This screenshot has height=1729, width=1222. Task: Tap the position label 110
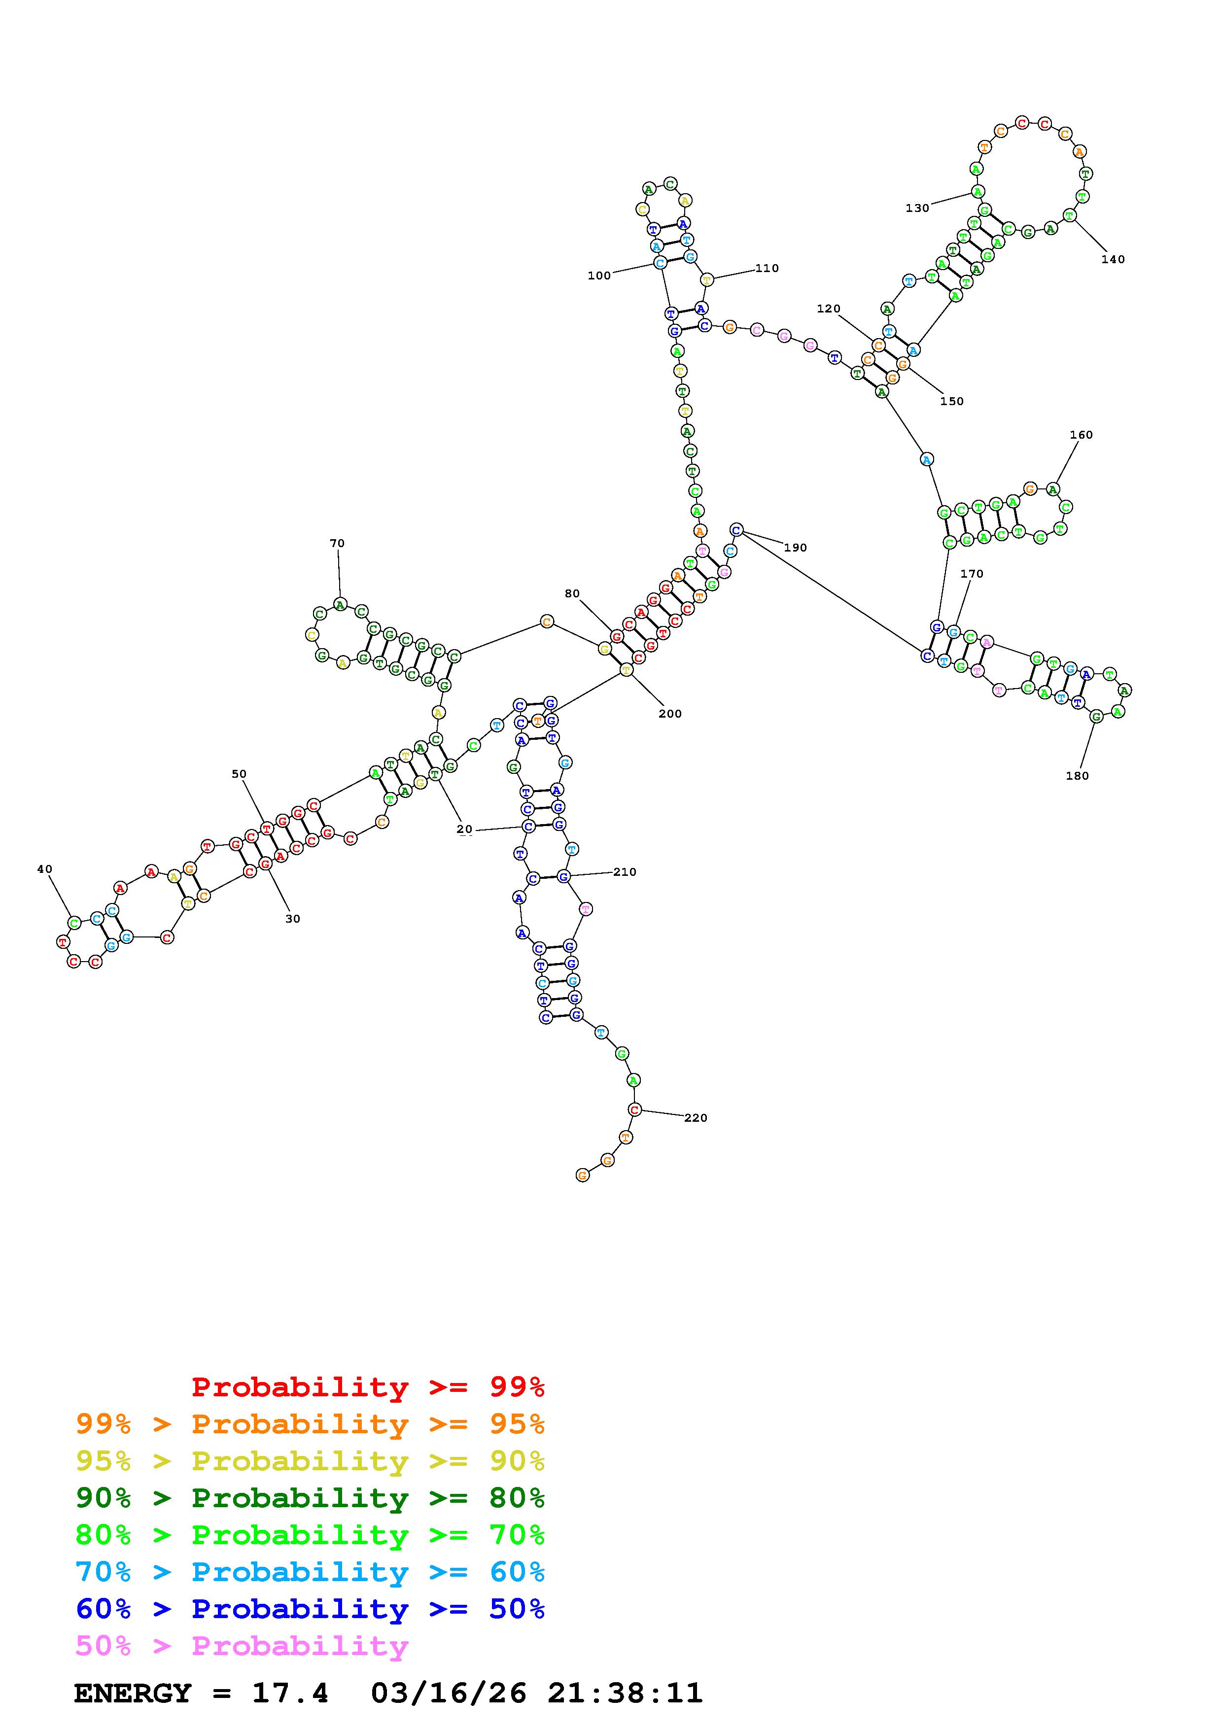click(767, 268)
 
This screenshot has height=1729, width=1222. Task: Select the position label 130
click(917, 208)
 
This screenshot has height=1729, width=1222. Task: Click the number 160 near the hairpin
click(1081, 435)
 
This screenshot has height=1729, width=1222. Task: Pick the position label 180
click(1077, 776)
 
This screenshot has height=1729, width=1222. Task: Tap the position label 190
click(795, 548)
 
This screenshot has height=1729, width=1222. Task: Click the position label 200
click(669, 714)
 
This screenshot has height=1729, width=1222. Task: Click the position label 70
click(337, 544)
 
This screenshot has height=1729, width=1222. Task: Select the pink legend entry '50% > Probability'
click(242, 1646)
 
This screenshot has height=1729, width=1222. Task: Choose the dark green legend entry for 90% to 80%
click(310, 1498)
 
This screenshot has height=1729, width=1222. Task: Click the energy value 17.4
click(289, 1694)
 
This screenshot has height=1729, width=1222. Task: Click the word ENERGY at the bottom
click(133, 1694)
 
